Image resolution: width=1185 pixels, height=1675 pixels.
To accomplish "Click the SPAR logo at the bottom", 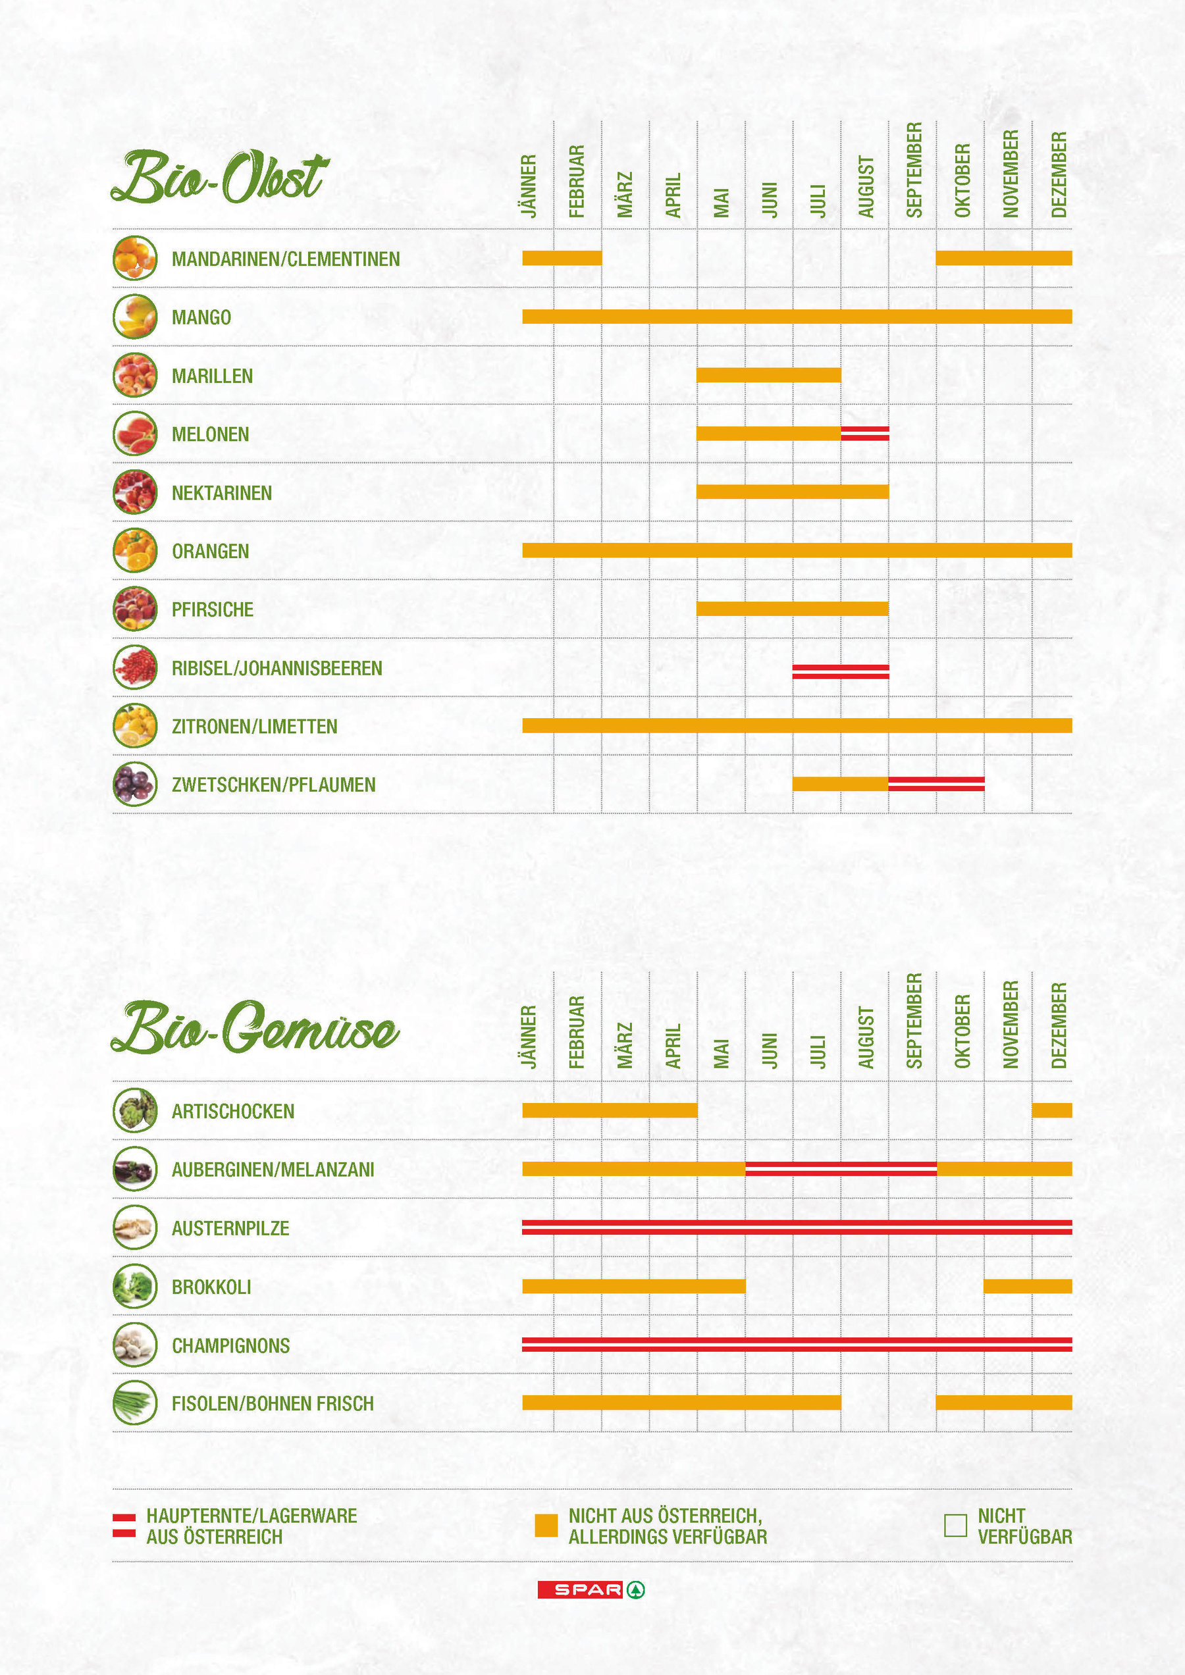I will (x=591, y=1589).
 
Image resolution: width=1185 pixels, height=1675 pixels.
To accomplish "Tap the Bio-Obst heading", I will (x=219, y=177).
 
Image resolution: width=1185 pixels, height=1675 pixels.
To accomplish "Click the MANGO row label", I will (x=201, y=317).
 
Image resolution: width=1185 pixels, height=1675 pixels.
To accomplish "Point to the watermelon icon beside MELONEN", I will (x=135, y=433).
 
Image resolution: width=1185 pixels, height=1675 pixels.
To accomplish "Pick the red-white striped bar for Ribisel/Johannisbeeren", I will (x=841, y=672).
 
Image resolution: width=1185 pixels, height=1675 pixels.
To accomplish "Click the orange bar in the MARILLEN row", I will (x=768, y=375).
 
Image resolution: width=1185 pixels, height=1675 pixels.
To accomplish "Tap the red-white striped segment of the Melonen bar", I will (x=864, y=433).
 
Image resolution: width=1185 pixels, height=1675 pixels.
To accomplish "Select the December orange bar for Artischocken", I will (x=1051, y=1110).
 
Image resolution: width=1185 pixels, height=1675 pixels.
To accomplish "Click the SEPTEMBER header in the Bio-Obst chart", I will (x=914, y=170).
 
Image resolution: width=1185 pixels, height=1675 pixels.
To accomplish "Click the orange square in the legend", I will (x=546, y=1526).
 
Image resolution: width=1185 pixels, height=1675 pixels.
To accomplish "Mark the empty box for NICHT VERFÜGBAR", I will (x=955, y=1526).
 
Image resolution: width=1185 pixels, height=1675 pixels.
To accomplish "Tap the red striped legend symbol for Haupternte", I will (x=124, y=1526).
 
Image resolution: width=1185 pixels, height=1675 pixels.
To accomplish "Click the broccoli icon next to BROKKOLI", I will (x=135, y=1286).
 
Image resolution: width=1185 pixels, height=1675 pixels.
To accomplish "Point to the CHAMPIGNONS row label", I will (x=230, y=1345).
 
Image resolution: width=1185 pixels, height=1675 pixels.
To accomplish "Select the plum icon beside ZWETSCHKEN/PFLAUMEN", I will (x=135, y=785).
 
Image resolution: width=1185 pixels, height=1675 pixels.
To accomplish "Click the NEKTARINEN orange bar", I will (x=793, y=492).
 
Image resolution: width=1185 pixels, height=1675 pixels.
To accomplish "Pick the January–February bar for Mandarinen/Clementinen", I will (x=562, y=257).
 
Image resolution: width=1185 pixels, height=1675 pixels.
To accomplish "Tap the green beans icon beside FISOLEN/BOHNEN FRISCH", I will (x=135, y=1403).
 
